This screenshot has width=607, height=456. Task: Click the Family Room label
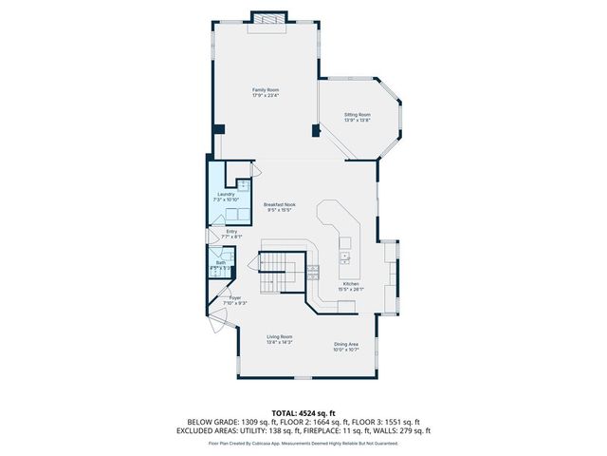(265, 88)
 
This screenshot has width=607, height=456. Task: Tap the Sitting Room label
(357, 114)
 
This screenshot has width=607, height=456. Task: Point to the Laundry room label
(226, 194)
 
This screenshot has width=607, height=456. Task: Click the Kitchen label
(351, 284)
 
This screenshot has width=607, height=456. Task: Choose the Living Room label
(279, 337)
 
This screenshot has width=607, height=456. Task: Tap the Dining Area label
(345, 344)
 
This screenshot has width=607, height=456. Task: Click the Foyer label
(234, 297)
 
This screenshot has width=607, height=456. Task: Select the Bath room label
(220, 262)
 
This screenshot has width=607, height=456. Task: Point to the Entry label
(231, 231)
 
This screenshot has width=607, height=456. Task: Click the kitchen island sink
(343, 255)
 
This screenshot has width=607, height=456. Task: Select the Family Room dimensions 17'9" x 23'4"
(265, 94)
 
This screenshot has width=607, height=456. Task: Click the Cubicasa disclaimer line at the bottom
(303, 443)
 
